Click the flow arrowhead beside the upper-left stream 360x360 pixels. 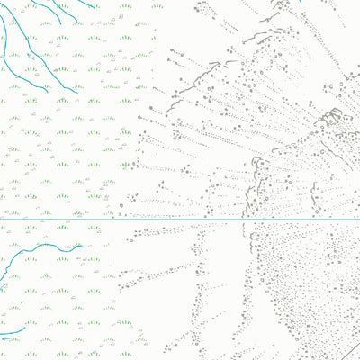31,56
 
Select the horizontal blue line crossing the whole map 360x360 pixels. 180,219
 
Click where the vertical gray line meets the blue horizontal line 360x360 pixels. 244,219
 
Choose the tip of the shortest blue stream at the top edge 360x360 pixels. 95,6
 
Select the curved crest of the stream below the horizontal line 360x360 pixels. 45,244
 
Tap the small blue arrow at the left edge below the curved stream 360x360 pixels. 4,287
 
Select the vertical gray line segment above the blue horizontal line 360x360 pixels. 244,202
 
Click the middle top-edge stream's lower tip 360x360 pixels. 61,23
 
